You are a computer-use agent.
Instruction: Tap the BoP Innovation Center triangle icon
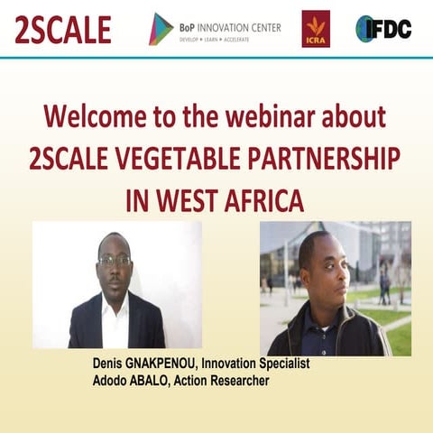point(161,29)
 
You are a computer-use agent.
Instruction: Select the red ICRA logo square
point(316,29)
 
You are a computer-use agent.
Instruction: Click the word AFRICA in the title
point(261,199)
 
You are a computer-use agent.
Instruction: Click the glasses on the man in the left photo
point(115,262)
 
